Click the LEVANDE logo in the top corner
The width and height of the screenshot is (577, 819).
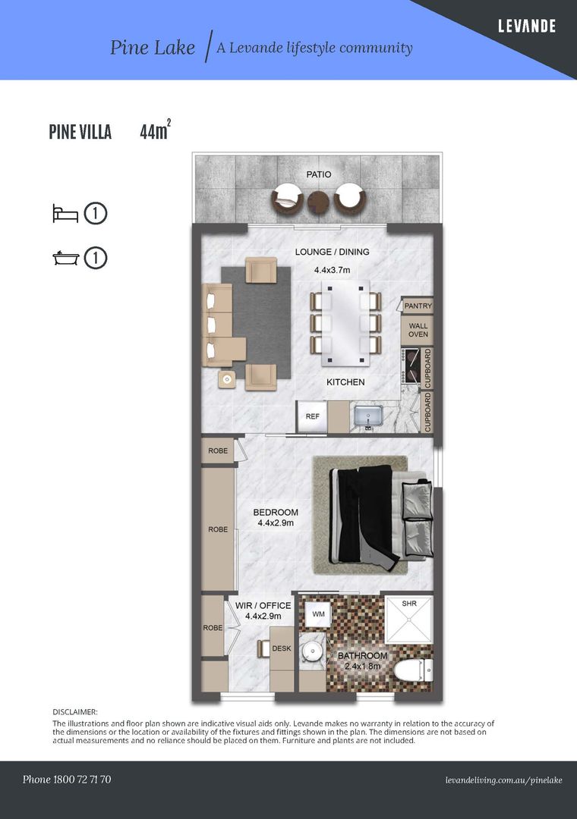526,26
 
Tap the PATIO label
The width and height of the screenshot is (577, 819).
319,174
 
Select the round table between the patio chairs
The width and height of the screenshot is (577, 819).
318,199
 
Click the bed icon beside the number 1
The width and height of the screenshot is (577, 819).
65,214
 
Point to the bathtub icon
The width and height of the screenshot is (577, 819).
66,258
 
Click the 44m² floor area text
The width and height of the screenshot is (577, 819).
156,130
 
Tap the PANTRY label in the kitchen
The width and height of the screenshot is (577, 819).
418,306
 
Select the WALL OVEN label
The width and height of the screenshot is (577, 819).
418,330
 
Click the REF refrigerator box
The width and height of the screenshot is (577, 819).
312,416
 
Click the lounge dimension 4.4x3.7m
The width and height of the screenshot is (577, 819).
333,270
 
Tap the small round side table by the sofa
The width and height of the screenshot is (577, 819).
227,380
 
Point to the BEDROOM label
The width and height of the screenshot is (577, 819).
276,513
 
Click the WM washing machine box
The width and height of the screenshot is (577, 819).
319,614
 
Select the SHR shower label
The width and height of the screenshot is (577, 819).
409,604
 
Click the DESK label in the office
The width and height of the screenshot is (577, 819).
282,648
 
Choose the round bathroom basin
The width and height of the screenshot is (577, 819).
313,651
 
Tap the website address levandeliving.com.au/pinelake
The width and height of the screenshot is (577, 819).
504,780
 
